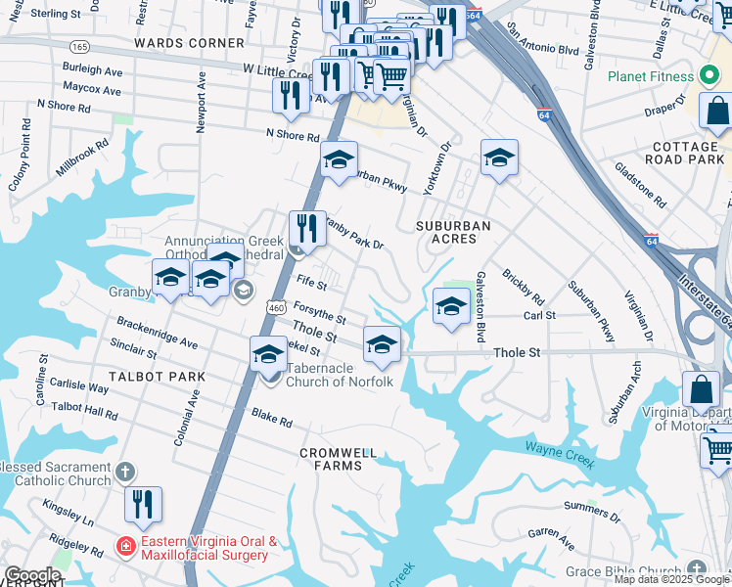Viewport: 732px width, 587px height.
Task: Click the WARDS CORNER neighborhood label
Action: tap(189, 43)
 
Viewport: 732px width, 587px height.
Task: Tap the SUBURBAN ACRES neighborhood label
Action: tap(452, 226)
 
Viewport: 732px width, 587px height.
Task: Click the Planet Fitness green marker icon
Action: tap(709, 76)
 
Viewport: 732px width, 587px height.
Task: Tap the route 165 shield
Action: tap(79, 47)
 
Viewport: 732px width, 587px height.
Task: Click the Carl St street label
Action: tap(539, 316)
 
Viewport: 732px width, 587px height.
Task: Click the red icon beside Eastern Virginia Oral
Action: tap(125, 545)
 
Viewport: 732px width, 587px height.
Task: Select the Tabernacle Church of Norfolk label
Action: tap(339, 381)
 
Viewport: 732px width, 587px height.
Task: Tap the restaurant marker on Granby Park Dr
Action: tap(307, 228)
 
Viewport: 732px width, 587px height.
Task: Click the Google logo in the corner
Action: tap(32, 575)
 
